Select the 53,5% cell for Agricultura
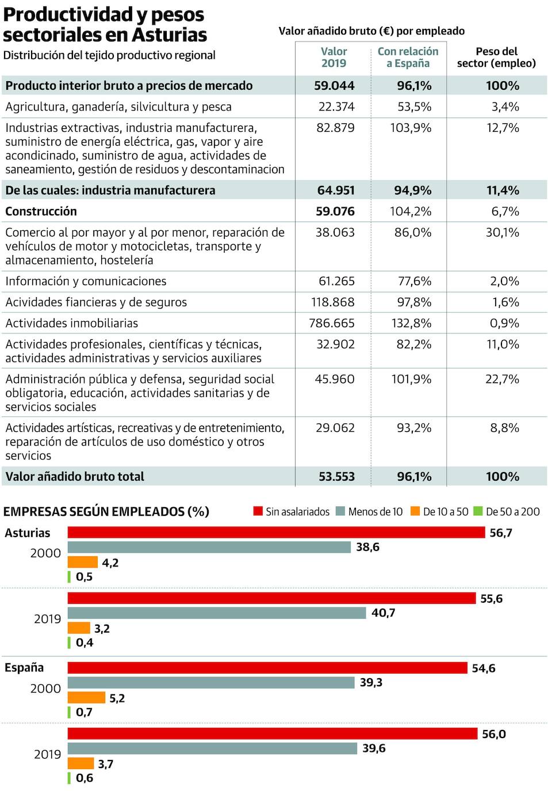point(414,107)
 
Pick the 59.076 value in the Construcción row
point(335,211)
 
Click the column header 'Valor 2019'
point(334,58)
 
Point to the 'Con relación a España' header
point(408,58)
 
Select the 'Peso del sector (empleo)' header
point(496,58)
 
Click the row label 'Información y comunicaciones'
point(86,281)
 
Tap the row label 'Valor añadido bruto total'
point(75,476)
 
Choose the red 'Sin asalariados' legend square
point(258,511)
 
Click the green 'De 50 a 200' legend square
point(478,511)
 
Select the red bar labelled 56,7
point(276,533)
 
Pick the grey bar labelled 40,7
point(217,613)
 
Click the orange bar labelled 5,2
point(86,698)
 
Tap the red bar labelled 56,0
point(273,733)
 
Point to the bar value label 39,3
point(371,682)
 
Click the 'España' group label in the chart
point(24,667)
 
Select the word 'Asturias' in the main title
point(169,35)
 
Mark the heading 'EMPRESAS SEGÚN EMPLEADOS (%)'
point(106,511)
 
